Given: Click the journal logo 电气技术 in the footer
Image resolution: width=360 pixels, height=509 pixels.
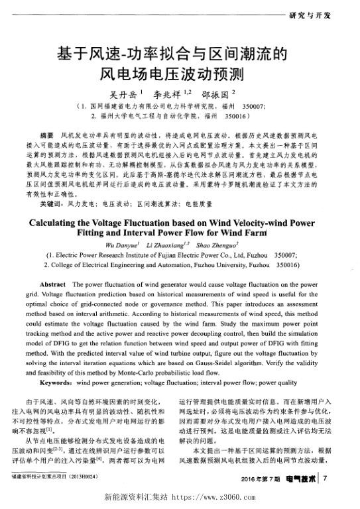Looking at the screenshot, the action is (303, 478).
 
